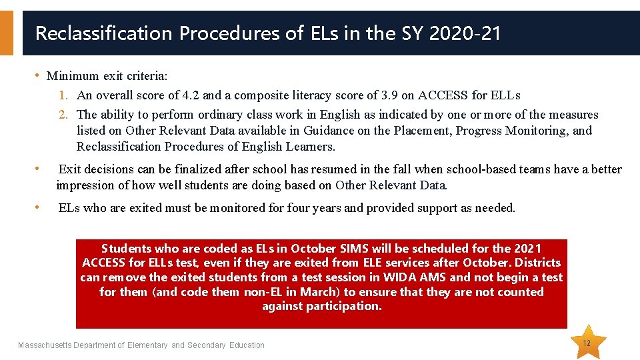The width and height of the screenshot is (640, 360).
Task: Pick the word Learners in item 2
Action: click(x=311, y=147)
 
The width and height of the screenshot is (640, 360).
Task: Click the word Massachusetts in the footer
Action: click(x=50, y=345)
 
